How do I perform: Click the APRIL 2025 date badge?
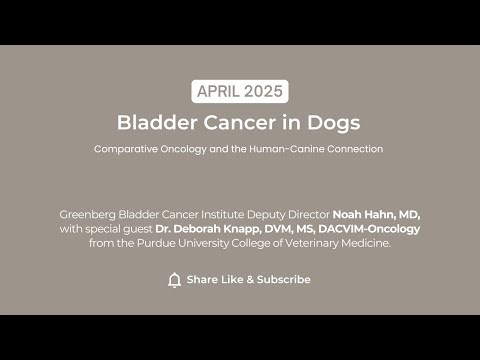(240, 92)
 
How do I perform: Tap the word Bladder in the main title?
(152, 123)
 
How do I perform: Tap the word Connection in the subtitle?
(356, 149)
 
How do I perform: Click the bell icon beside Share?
(175, 279)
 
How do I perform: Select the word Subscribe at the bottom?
(284, 279)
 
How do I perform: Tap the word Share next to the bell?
(203, 279)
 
